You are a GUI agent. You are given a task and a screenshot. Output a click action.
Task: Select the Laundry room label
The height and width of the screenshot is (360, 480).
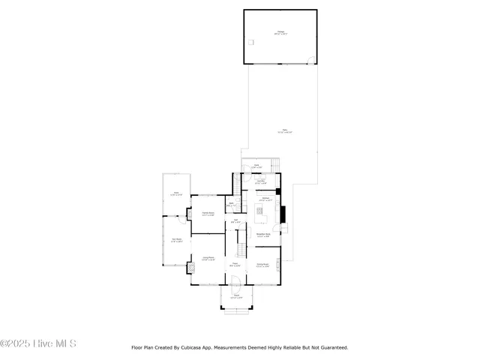click(260, 181)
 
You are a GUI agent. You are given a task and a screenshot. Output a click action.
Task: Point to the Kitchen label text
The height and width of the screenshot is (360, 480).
click(265, 200)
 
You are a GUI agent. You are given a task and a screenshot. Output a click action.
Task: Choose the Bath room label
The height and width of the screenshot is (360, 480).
click(232, 204)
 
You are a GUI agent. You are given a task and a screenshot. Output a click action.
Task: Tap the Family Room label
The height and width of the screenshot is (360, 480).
click(208, 214)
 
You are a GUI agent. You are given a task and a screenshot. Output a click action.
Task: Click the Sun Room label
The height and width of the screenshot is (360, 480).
click(176, 241)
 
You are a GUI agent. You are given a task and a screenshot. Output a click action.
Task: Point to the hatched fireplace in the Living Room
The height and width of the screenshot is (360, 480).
click(188, 264)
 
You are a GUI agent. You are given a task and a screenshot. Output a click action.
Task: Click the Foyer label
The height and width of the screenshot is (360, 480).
click(235, 265)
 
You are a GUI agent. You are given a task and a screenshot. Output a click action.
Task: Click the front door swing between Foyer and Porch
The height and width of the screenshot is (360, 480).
click(235, 281)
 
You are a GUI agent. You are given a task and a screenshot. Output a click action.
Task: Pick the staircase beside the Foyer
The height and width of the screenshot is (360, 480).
click(241, 246)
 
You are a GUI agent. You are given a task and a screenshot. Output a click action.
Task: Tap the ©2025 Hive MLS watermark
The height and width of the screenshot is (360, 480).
click(38, 344)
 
